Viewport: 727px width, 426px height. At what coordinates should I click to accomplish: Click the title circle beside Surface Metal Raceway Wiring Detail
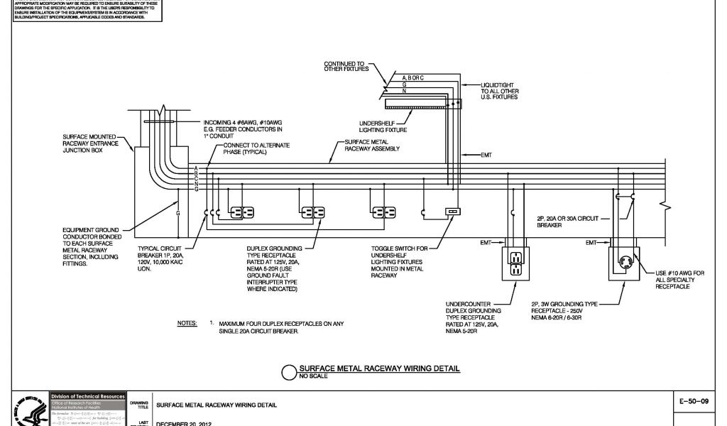289,373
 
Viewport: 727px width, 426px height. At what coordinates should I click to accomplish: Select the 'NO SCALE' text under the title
312,377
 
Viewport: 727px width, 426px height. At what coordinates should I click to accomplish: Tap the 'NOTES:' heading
187,323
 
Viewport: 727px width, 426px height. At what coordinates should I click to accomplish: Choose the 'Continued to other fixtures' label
347,66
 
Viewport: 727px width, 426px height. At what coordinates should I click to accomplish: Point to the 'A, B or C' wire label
413,77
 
